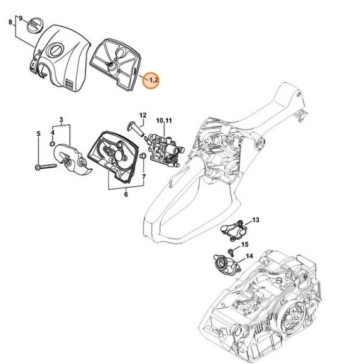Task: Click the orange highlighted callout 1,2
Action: tap(151, 80)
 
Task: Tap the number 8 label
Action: tap(9, 23)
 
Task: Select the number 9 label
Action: tap(21, 18)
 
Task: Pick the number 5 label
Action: tap(38, 133)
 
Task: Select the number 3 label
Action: tap(61, 119)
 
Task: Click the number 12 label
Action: tap(143, 115)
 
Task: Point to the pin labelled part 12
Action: tap(136, 129)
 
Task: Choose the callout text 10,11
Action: tap(163, 119)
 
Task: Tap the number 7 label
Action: tap(143, 178)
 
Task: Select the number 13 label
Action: tap(256, 220)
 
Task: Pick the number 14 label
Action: tap(249, 256)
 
